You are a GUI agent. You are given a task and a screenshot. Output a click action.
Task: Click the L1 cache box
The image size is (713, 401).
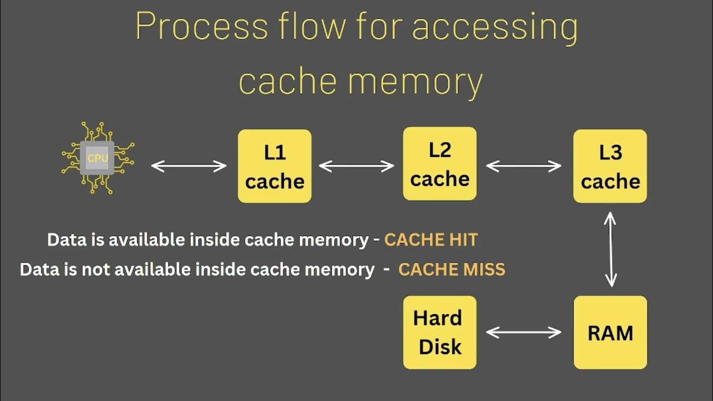275,166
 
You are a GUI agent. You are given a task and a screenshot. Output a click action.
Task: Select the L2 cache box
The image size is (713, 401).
439,164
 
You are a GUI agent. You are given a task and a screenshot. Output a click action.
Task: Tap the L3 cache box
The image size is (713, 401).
610,166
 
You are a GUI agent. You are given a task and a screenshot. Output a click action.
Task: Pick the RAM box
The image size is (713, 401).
610,332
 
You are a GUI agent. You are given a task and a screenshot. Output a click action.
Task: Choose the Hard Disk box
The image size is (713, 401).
439,332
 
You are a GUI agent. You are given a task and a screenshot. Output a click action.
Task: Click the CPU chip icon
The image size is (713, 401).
97,158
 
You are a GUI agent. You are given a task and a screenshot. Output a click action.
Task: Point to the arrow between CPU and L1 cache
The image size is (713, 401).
189,165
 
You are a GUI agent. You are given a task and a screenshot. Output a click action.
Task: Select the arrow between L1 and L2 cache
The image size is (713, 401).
356,165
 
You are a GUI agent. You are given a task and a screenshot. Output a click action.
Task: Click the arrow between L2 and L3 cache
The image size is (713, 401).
524,165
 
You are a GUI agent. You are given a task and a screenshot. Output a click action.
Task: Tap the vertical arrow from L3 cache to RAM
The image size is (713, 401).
611,249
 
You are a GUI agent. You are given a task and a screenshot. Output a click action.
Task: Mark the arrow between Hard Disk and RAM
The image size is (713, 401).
524,332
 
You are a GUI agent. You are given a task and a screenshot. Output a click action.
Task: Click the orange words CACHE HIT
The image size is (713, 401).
431,240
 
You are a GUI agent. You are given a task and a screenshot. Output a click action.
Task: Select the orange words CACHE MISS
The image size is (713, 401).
452,270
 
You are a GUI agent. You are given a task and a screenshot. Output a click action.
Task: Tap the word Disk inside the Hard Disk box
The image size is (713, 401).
440,346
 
